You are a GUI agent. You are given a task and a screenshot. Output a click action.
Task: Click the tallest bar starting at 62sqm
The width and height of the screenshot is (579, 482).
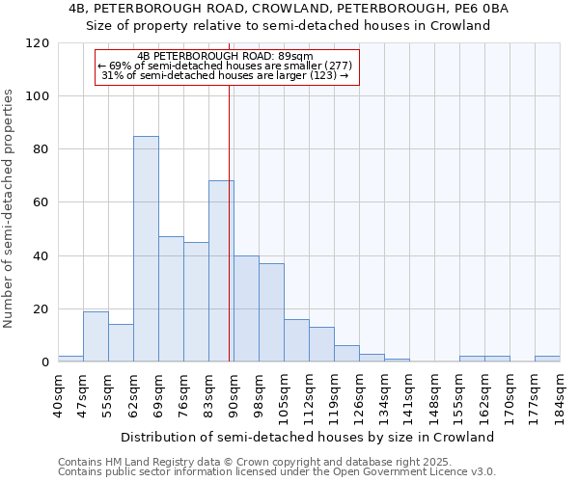[x=146, y=249]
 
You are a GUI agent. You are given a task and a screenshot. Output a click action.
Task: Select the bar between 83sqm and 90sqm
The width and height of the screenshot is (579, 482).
[x=221, y=271]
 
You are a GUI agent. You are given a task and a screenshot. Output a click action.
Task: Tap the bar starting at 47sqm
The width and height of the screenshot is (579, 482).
[x=96, y=336]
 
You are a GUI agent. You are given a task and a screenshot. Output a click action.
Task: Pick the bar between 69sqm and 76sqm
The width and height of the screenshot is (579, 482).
[x=171, y=299]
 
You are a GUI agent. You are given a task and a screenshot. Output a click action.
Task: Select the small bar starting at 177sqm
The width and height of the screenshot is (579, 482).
[x=547, y=359]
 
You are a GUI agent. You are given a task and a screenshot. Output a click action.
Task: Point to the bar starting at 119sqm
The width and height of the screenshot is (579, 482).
[x=346, y=354]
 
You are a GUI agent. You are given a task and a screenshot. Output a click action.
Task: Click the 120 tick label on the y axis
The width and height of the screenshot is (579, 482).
[x=38, y=43]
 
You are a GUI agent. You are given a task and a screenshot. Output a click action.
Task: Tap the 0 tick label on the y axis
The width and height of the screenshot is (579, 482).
[x=45, y=362]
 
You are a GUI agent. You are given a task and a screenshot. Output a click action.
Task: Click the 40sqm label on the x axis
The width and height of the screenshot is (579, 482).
[x=59, y=393]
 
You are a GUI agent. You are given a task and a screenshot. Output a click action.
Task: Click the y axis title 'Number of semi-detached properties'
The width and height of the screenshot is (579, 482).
[x=10, y=208]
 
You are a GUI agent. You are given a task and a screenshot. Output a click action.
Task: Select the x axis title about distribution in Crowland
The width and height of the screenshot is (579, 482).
[x=309, y=437]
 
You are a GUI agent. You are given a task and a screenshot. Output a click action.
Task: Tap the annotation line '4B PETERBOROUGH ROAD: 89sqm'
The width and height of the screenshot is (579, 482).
[x=226, y=56]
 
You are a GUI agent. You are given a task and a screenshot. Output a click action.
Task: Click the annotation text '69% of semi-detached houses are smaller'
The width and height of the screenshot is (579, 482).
[x=226, y=66]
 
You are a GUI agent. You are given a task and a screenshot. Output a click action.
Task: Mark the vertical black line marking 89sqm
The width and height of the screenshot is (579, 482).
[x=229, y=222]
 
